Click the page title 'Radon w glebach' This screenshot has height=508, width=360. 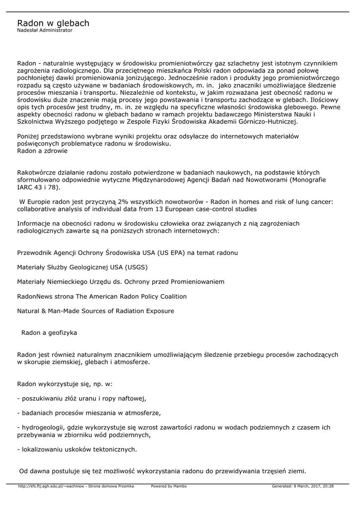pos(53,23)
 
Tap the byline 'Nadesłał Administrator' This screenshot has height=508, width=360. pos(45,30)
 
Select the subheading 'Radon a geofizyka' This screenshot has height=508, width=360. pos(49,332)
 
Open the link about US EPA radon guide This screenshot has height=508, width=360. pos(128,253)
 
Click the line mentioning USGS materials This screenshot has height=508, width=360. pos(82,267)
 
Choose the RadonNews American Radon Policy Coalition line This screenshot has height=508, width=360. pos(102,297)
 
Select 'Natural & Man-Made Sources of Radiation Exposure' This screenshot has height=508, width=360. pos(95,311)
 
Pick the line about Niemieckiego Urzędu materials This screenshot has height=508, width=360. pos(121,282)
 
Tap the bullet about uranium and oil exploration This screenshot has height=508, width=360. pos(82,398)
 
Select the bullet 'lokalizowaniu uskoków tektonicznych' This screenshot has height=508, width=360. pos(77,449)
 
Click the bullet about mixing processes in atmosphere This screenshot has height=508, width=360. pos(89,413)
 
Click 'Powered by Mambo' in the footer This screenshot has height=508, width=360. pos(169,486)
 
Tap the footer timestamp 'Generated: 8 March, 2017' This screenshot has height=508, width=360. pos(302,486)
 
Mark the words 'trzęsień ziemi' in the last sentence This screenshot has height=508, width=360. pos(285,471)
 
